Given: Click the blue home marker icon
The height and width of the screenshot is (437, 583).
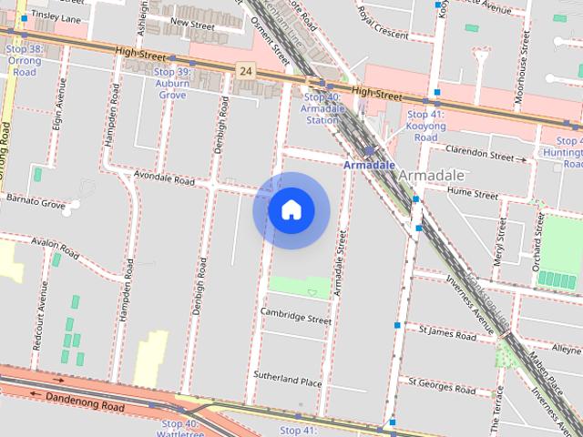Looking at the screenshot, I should click(x=291, y=210).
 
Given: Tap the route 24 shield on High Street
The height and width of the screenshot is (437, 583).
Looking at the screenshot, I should click(x=244, y=69).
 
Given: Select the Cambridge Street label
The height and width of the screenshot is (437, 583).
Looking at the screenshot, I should click(x=295, y=320).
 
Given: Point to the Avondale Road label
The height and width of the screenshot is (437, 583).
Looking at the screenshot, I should click(x=164, y=180).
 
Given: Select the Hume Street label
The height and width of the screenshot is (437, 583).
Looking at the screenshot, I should click(x=473, y=194).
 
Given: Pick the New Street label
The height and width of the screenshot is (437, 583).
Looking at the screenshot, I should click(x=192, y=25).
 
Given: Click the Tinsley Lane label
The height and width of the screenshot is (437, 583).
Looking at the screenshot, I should click(x=56, y=15).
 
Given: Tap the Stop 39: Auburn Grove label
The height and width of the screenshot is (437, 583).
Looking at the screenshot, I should click(x=172, y=83).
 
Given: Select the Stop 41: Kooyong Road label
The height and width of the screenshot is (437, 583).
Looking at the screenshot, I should click(x=424, y=126).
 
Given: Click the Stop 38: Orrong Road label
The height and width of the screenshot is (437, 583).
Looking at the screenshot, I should click(x=24, y=60).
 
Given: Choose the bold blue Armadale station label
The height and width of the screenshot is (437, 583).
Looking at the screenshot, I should click(x=369, y=165).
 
